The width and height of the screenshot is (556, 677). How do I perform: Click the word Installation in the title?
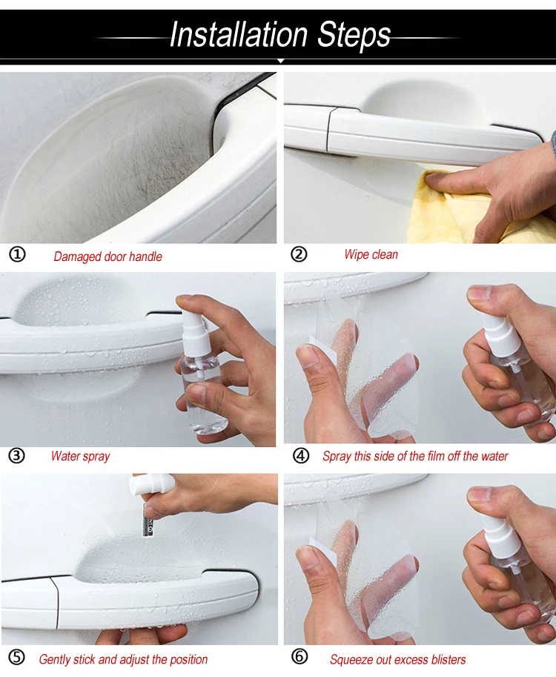tap(239, 34)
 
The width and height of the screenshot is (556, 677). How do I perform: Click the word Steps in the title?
tap(354, 36)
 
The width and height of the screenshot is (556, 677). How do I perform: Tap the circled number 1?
tap(17, 255)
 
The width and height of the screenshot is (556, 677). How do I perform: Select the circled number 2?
tap(299, 255)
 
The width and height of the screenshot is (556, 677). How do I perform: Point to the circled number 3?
tap(17, 456)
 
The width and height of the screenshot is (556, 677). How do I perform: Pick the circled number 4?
tap(301, 456)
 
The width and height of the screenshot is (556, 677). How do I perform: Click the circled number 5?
tap(17, 658)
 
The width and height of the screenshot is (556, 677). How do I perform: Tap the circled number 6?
tap(300, 657)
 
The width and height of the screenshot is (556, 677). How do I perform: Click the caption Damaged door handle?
tap(108, 257)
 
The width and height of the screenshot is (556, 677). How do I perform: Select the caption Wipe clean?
tap(371, 255)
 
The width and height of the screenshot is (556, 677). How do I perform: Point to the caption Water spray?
tap(80, 456)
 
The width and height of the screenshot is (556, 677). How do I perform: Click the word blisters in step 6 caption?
tap(448, 659)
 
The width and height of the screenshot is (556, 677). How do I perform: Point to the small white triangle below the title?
tap(280, 62)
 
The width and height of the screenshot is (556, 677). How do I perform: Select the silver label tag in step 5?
tap(148, 524)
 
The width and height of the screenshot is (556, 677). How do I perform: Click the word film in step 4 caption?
tap(436, 456)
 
